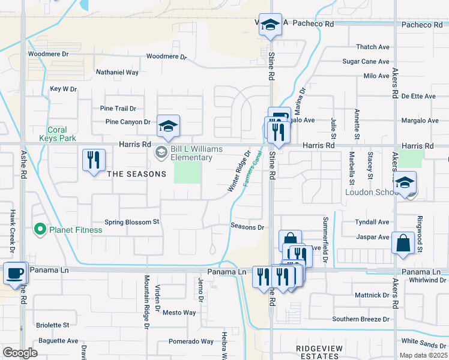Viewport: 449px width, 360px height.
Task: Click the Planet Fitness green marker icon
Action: coord(40,229)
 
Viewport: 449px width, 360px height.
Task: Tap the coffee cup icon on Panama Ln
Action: coord(15,272)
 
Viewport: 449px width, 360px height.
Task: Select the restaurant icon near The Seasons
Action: coord(94,160)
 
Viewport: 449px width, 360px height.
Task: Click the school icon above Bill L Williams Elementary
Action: coord(168,126)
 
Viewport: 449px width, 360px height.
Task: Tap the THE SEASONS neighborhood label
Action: coord(136,174)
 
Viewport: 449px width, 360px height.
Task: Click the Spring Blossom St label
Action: coord(131,222)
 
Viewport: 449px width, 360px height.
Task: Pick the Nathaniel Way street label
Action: coord(117,73)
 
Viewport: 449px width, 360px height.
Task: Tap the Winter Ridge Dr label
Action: coord(238,173)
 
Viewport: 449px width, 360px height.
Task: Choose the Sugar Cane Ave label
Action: coord(366,61)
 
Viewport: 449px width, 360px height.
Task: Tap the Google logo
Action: coord(20,352)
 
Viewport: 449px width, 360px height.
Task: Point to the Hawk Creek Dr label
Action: coord(12,232)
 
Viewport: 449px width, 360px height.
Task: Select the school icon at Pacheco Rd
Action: coord(270,25)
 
